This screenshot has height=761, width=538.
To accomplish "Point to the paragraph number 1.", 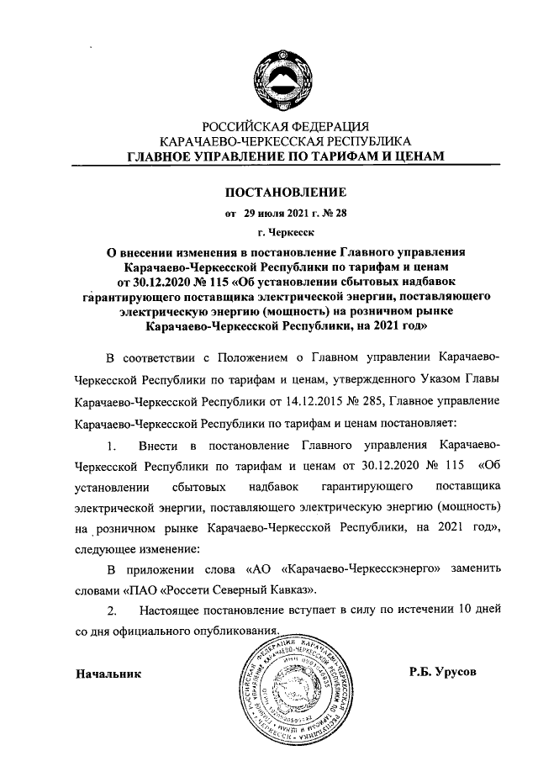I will tap(106, 442).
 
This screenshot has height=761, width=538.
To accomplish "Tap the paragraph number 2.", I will tap(108, 607).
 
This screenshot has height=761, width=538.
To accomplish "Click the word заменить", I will tap(477, 568).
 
